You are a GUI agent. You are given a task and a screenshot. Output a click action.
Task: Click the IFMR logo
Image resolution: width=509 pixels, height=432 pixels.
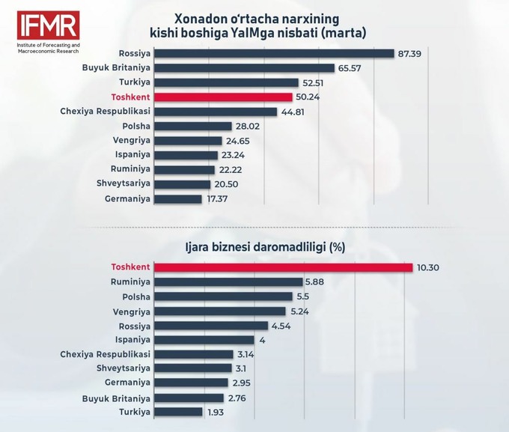48,25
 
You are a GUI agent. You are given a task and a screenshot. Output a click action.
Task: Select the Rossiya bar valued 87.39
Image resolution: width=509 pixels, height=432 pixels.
275,53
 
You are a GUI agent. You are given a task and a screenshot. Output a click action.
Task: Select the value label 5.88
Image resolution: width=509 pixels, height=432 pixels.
314,282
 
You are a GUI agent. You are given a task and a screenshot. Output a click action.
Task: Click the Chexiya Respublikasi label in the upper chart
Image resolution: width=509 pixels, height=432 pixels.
106,112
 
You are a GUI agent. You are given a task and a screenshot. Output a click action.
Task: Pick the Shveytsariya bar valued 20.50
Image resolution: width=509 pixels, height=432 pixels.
184,184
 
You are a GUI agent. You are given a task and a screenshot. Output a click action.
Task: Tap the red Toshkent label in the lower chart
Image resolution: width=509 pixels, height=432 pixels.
131,267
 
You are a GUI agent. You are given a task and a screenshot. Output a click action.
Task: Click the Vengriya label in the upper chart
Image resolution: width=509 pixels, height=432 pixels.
131,141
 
